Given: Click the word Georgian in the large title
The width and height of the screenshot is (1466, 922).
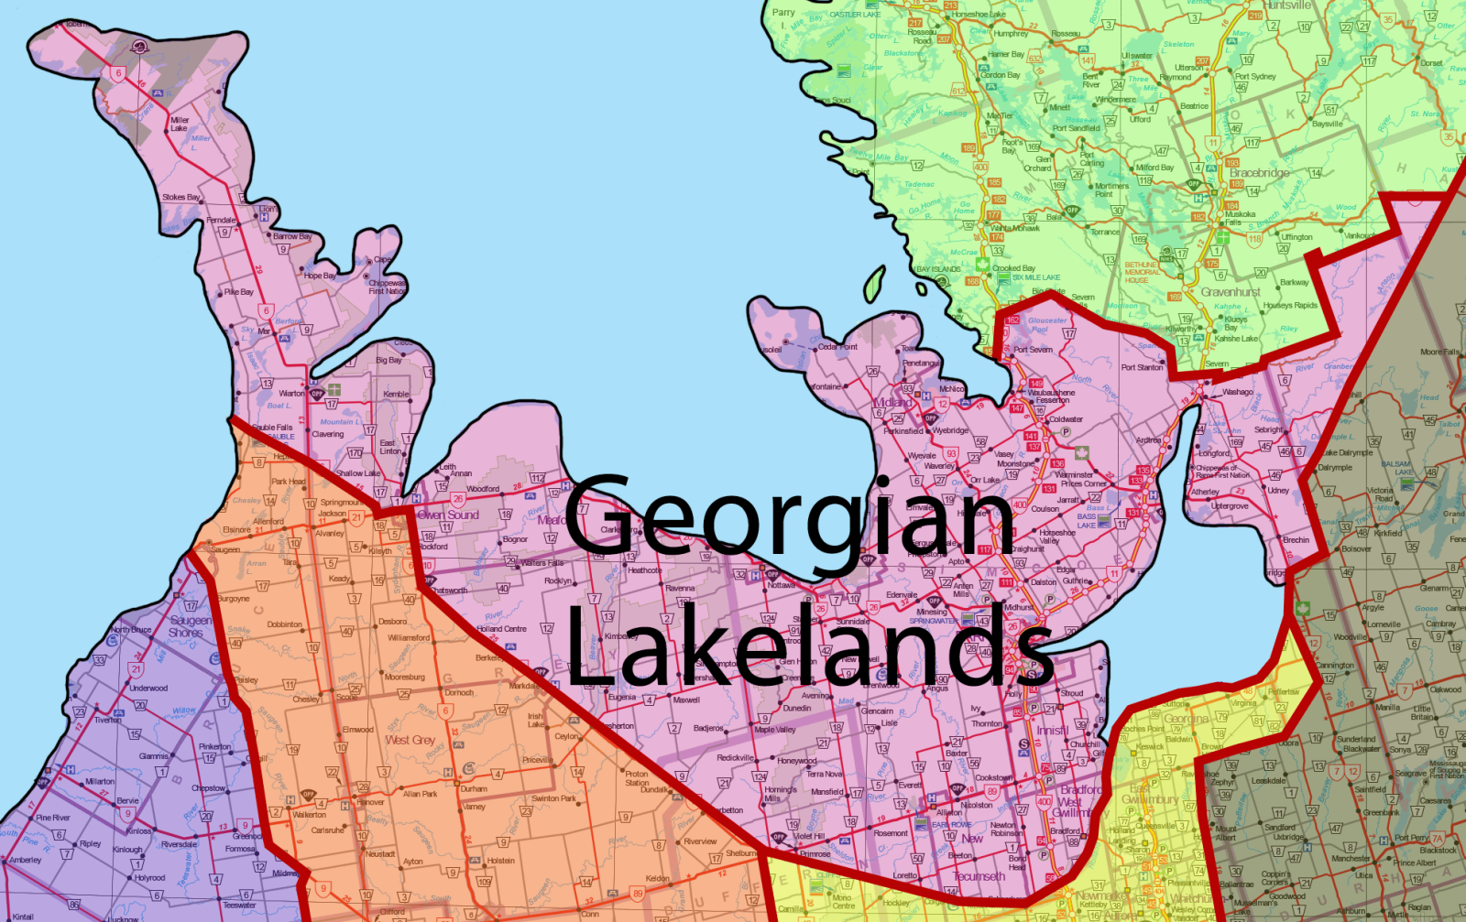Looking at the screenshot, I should click(790, 516).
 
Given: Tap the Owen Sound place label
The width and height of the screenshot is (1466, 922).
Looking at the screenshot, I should click(448, 515).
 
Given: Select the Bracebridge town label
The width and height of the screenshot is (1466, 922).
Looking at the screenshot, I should click(1259, 172).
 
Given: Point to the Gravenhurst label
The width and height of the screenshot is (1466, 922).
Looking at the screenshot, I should click(1231, 292).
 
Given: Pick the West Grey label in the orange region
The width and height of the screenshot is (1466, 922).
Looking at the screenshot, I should click(410, 740).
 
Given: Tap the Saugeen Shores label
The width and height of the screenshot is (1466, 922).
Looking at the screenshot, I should click(191, 626).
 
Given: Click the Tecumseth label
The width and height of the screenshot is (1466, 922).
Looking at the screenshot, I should click(979, 876).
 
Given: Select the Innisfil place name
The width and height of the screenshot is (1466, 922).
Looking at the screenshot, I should click(1051, 731).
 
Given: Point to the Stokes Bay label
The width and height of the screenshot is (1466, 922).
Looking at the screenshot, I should click(181, 197).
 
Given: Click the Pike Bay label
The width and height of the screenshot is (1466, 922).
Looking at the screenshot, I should click(239, 292).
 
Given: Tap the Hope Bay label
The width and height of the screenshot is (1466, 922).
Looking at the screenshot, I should click(319, 275).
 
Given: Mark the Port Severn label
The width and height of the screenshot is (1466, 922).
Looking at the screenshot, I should click(1033, 350).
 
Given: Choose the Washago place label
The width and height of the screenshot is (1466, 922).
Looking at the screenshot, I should click(1237, 392).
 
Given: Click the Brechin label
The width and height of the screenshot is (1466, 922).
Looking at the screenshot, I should click(1296, 540).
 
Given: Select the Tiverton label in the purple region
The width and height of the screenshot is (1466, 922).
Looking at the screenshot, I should click(107, 720).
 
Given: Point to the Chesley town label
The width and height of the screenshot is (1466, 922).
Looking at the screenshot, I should click(306, 700).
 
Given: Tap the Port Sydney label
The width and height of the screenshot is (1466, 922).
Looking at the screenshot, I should click(1254, 77).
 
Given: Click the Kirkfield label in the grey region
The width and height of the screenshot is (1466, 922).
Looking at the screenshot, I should click(1387, 533).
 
